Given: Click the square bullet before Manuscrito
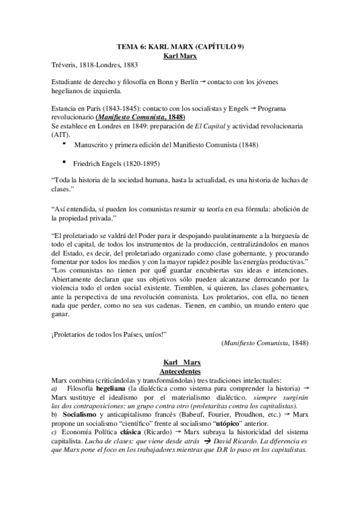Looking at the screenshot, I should pos(63,144).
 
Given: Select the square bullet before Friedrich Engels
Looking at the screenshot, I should pos(63,162).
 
